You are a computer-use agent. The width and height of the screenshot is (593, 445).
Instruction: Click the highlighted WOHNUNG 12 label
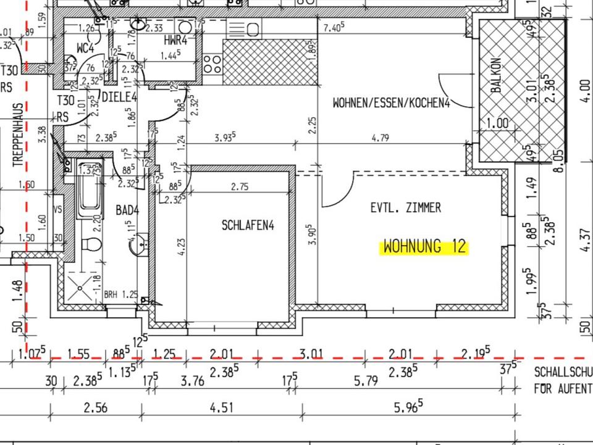tap(424, 247)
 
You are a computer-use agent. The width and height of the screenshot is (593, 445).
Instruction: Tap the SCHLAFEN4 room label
tap(248, 226)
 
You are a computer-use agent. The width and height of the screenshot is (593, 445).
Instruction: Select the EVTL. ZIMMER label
tap(406, 208)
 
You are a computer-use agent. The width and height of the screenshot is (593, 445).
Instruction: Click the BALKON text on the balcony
tap(496, 77)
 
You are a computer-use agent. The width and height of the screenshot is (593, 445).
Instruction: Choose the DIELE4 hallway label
tap(119, 96)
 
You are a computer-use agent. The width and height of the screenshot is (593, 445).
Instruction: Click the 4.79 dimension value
tap(381, 138)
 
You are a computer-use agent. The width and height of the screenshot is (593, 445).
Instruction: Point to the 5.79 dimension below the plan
tap(366, 381)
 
